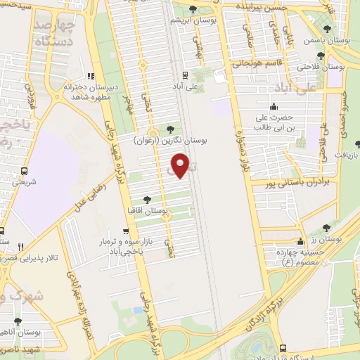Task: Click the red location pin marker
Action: pos(181,166)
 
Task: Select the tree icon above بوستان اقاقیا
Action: pos(146,200)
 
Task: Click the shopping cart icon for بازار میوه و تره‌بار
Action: pos(125,231)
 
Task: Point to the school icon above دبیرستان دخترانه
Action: pos(90,76)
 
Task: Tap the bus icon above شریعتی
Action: pos(25,170)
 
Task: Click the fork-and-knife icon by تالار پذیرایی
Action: pos(20,246)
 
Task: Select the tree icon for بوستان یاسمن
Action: pos(328,30)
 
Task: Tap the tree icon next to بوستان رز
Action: pos(326,228)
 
